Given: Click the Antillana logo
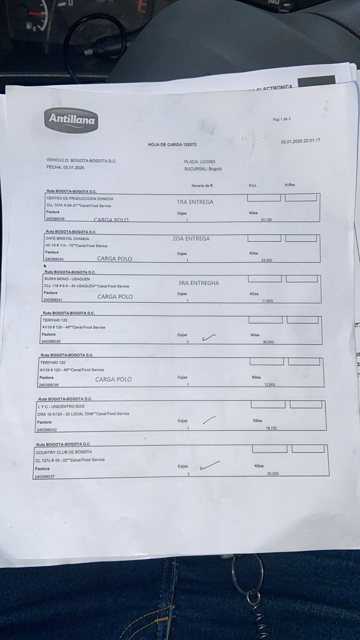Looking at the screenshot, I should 71,119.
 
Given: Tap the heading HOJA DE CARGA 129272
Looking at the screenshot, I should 172,145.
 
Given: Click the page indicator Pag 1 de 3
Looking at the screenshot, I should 282,119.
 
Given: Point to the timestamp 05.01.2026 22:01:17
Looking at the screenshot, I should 300,141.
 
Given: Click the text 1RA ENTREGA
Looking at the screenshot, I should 195,202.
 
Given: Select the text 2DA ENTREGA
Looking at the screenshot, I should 191,238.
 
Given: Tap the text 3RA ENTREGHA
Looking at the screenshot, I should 198,283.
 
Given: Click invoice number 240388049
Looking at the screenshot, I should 55,219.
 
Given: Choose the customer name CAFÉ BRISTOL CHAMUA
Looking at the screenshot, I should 67,239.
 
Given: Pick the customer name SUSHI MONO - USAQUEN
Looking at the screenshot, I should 67,279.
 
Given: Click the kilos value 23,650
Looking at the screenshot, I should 266,260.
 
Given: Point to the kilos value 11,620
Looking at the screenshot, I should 267,301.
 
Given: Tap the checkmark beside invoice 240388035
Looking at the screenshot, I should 209,338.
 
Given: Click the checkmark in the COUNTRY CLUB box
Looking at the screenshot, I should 210,465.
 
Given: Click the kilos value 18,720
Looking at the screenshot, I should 271,428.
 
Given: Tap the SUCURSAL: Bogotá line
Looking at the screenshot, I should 203,169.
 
